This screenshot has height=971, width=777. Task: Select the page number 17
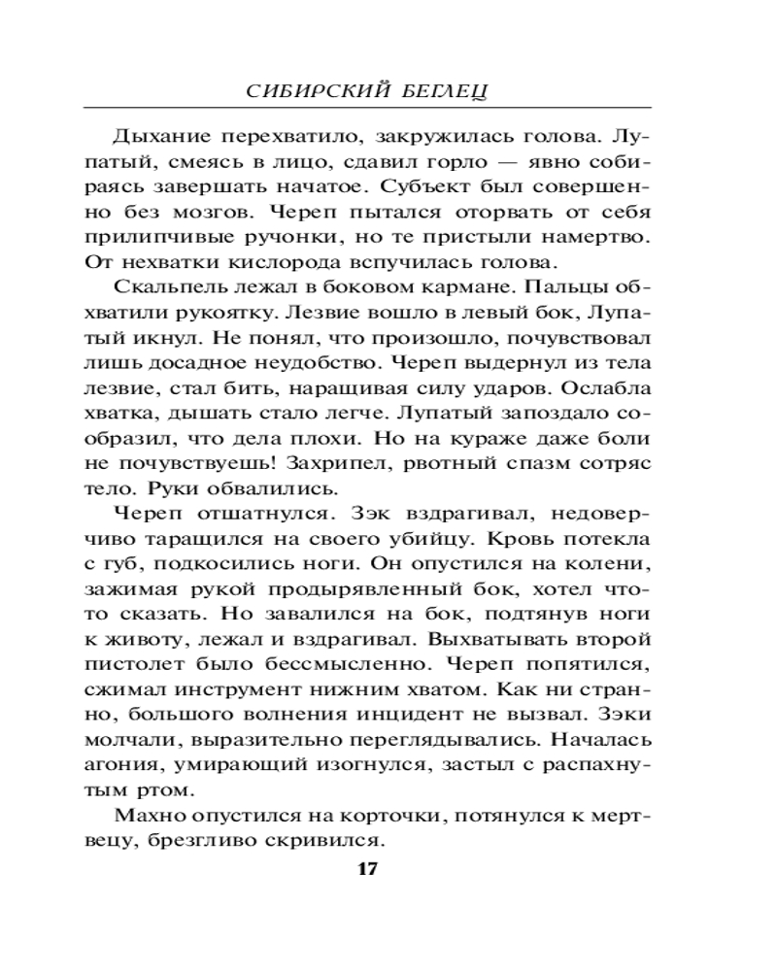[x=367, y=868]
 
